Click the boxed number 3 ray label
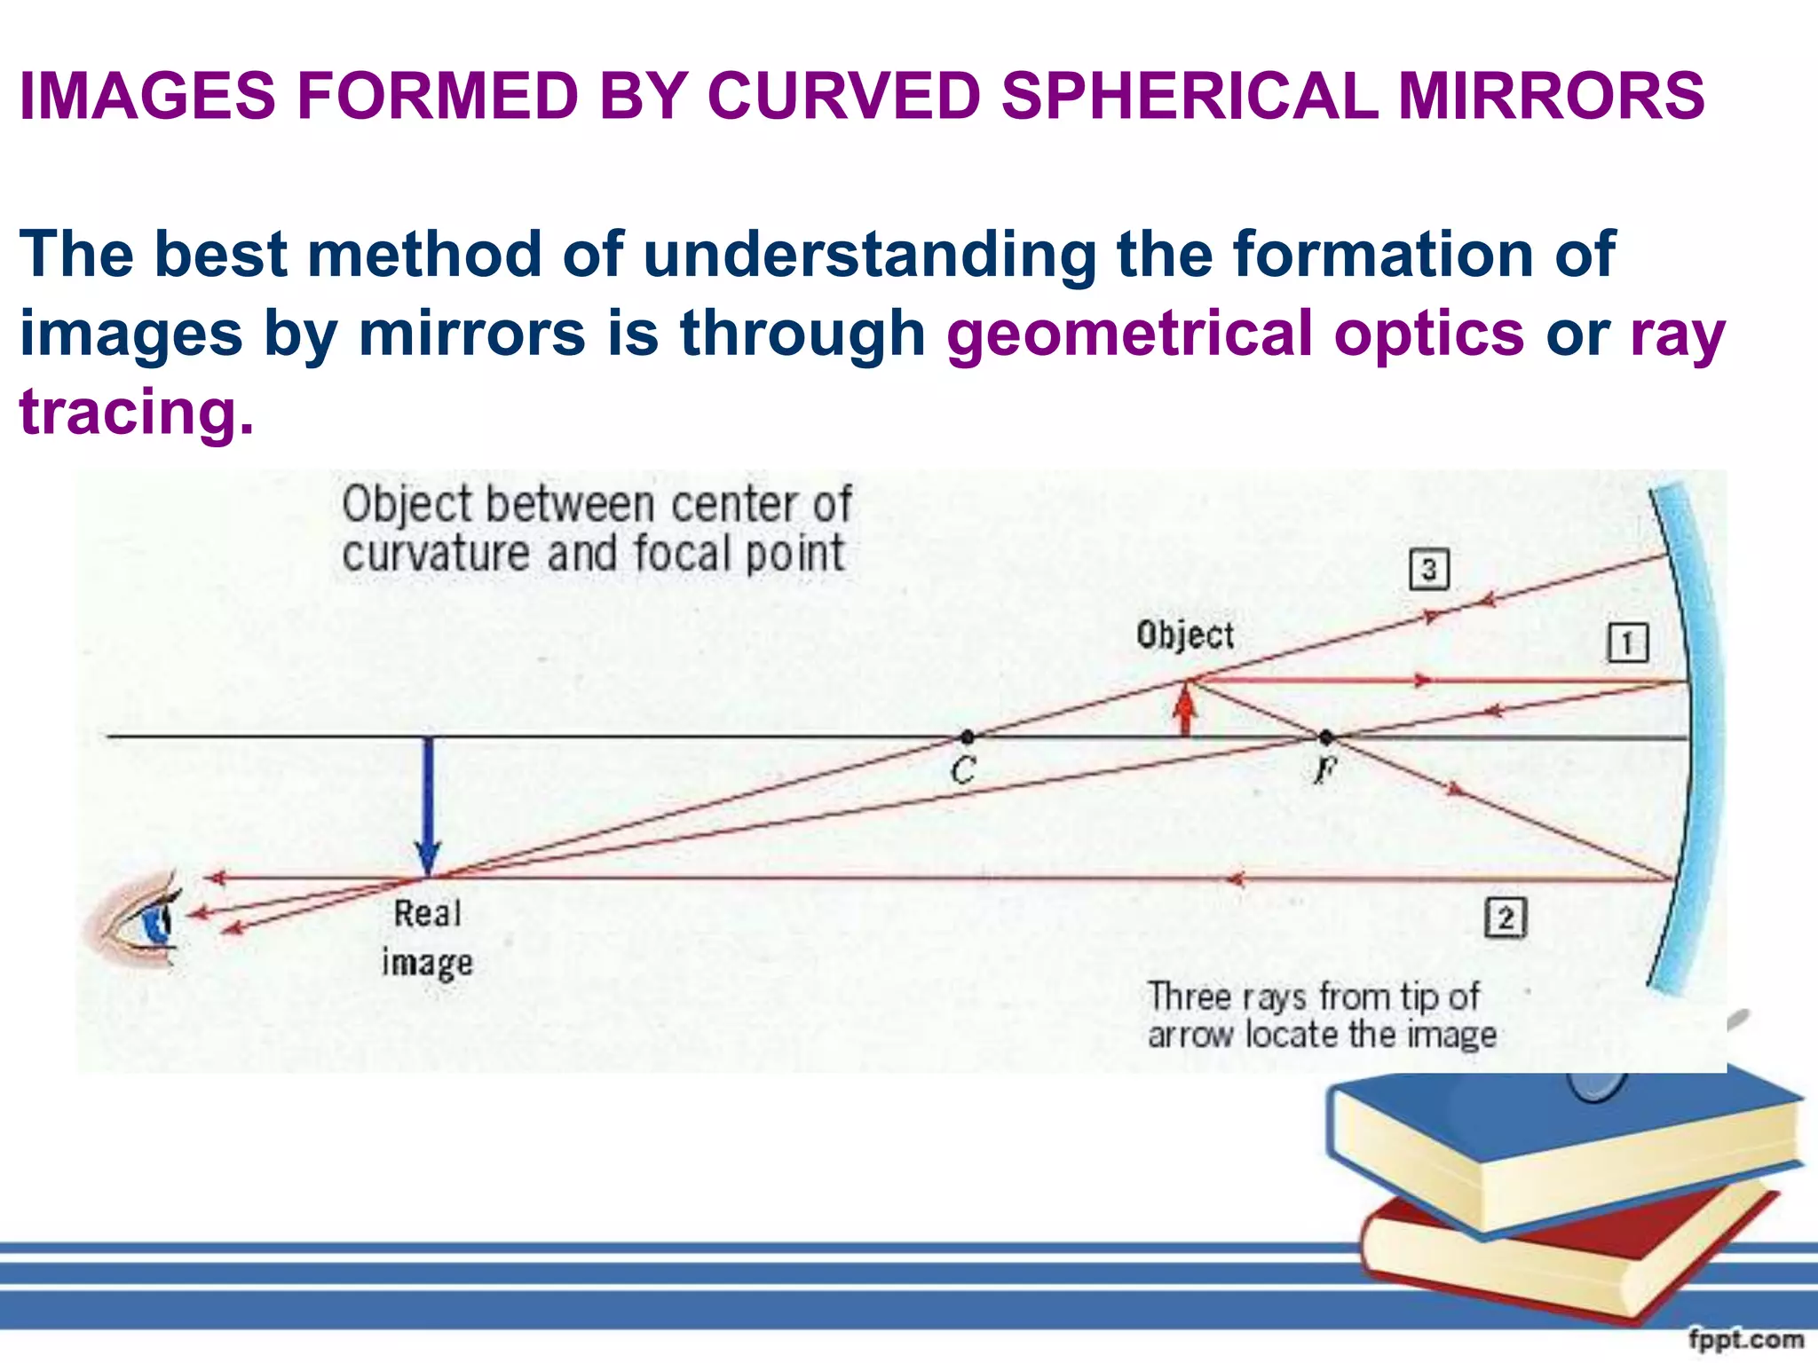coord(1429,570)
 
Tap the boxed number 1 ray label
coord(1627,643)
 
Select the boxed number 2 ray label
coord(1506,918)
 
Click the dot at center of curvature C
coord(968,737)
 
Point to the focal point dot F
coord(1326,737)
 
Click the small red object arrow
coord(1184,710)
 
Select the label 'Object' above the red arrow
coord(1185,635)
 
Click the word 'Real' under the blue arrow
coord(427,913)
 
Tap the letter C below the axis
coord(963,770)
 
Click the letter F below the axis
coord(1324,769)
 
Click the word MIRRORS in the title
coord(1551,96)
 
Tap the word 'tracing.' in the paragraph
coord(137,412)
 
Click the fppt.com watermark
coord(1745,1339)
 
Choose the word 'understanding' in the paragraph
coord(870,255)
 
